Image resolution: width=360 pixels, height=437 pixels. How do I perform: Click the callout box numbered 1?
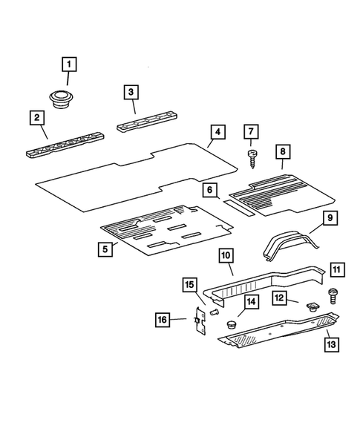tap(68, 66)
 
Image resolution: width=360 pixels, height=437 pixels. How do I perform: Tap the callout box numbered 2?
tap(35, 116)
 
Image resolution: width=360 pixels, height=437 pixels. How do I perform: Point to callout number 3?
tap(131, 92)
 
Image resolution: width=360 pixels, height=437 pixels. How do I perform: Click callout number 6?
tap(211, 191)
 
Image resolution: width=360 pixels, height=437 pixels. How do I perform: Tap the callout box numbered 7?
tap(251, 132)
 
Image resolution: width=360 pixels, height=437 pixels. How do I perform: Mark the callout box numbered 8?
tap(282, 152)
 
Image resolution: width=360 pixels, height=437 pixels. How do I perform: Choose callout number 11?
tap(337, 269)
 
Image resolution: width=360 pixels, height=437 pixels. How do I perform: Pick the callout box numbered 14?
tap(252, 301)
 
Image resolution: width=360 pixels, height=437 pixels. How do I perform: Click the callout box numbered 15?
tap(189, 284)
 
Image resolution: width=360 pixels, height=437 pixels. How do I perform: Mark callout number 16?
tap(162, 320)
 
